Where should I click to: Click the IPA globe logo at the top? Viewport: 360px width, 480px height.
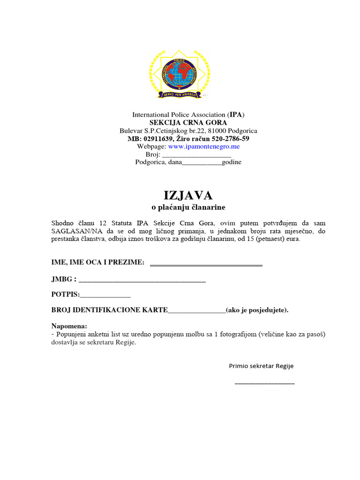(180, 75)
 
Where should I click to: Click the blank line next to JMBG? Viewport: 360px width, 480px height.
(142, 281)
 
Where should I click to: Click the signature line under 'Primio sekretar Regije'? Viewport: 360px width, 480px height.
(264, 383)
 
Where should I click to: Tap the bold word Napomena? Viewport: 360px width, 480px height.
(69, 326)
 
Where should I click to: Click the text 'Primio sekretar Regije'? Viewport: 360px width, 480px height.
(261, 366)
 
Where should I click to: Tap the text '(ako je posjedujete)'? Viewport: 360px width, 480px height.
(257, 310)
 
